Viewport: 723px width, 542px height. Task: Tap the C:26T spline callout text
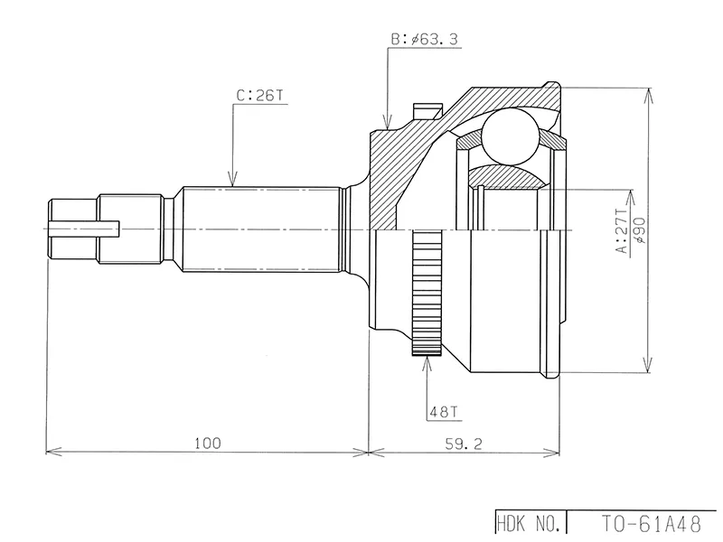click(x=256, y=93)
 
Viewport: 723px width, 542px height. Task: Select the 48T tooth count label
click(x=444, y=413)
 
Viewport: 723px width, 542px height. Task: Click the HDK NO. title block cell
click(x=531, y=522)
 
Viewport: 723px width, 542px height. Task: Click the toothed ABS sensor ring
click(x=426, y=294)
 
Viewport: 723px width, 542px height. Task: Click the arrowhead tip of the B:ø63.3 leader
click(x=388, y=126)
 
